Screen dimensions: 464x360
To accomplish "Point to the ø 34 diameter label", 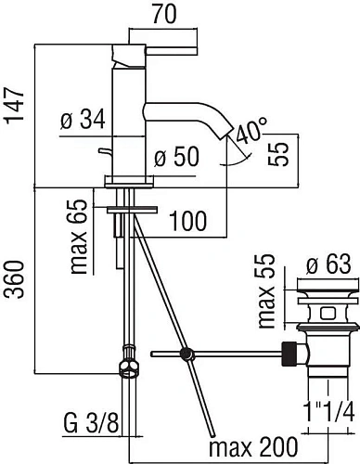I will point(82,120).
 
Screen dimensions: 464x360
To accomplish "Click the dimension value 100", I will point(188,222).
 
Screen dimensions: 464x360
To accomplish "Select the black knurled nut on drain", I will point(290,353).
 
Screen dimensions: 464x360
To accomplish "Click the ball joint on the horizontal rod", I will point(188,354).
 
